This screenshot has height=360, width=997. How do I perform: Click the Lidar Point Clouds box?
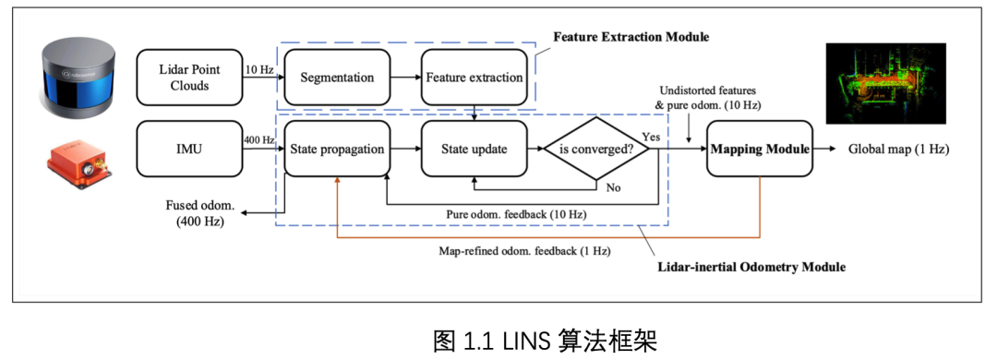click(x=189, y=77)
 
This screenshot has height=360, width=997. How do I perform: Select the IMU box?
click(x=189, y=148)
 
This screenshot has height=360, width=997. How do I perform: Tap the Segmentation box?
click(x=336, y=77)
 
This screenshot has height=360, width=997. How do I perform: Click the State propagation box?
click(x=336, y=148)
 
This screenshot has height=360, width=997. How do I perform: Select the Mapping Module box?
click(x=759, y=148)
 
